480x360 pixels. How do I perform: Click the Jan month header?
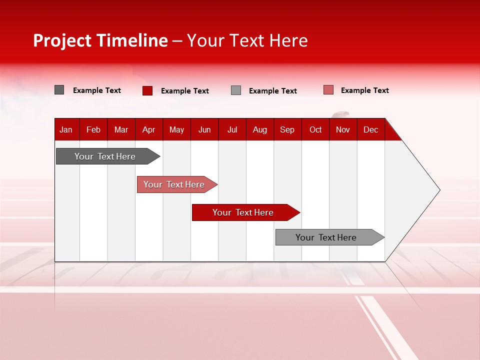point(66,129)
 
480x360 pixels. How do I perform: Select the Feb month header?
point(93,129)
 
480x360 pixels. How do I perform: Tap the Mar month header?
point(121,129)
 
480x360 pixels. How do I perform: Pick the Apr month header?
point(148,129)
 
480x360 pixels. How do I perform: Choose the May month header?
point(176,129)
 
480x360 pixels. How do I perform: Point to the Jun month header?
point(204,129)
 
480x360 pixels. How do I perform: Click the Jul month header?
point(232,129)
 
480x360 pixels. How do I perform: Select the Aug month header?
point(260,129)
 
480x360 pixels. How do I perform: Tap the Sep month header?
point(287,129)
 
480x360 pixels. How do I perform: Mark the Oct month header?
point(315,129)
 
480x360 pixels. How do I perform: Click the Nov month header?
point(343,129)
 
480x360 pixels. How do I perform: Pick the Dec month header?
point(370,129)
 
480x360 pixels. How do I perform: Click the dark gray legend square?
point(59,90)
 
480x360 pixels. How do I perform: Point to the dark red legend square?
point(147,90)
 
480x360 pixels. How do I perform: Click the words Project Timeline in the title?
point(100,40)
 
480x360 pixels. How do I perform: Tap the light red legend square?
point(328,90)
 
